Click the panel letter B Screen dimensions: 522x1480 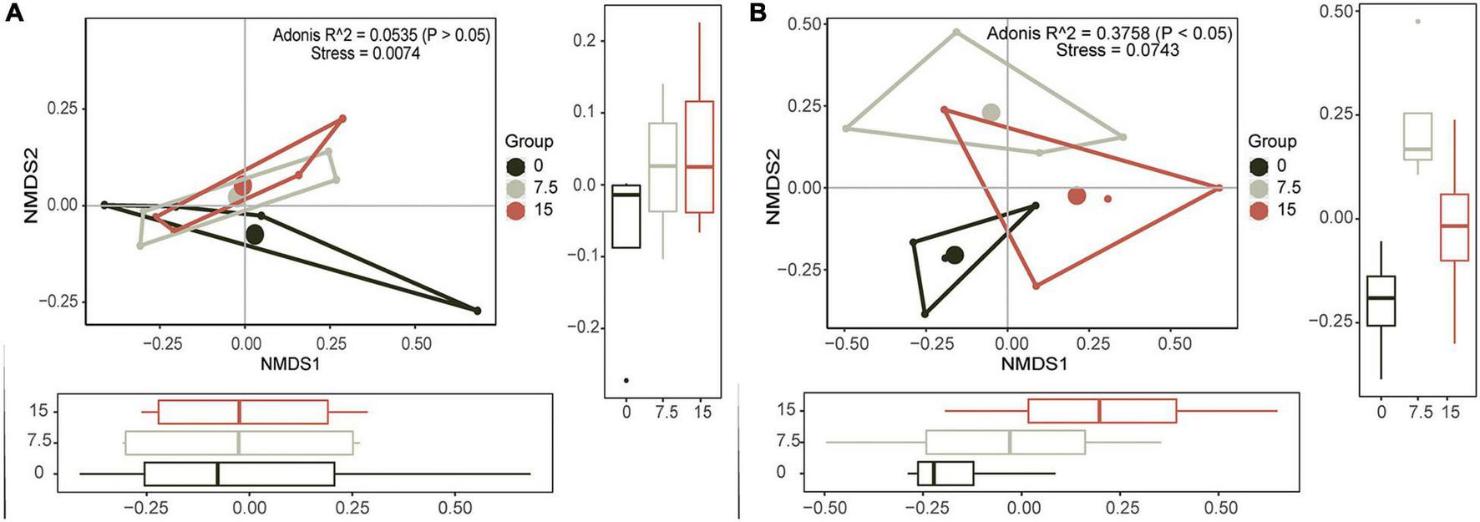758,14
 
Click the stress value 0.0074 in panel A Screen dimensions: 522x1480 393,53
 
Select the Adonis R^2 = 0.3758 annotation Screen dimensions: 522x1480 1108,33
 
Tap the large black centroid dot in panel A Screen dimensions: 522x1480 255,236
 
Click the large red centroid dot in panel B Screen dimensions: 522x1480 1077,195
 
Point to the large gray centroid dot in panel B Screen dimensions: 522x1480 991,113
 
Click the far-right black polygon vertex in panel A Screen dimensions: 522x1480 478,311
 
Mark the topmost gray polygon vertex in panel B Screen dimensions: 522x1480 956,33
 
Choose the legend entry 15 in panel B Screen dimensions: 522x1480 1287,210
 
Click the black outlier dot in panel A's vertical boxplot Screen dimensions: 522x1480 626,380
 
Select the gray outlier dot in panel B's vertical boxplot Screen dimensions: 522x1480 1417,21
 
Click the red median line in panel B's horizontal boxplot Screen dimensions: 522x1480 1099,411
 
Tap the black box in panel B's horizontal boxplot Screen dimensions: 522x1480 945,474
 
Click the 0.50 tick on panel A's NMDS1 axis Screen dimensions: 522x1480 417,343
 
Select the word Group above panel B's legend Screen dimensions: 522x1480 1272,142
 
